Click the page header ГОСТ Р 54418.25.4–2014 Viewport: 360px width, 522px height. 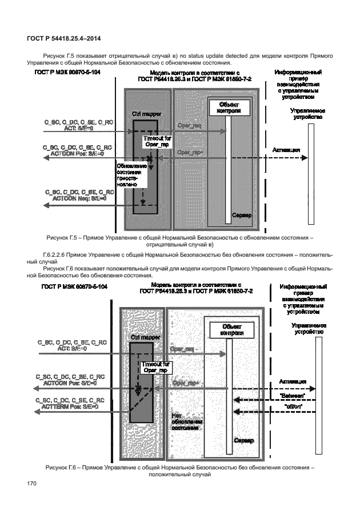tap(61, 38)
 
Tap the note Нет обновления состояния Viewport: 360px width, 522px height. tap(185, 421)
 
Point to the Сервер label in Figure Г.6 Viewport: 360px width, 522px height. tap(242, 441)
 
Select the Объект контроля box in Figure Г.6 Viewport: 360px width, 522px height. tap(227, 330)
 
